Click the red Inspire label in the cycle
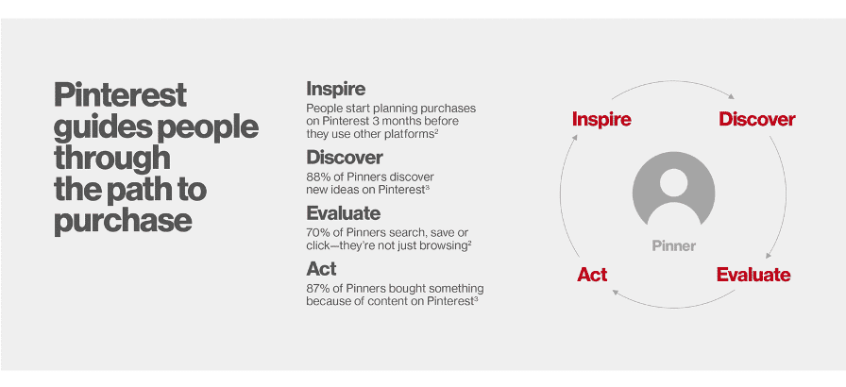click(x=601, y=119)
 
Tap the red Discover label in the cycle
click(x=757, y=119)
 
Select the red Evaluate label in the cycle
click(x=753, y=275)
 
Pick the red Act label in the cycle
click(x=592, y=275)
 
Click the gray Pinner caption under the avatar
click(x=674, y=246)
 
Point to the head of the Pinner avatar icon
click(x=673, y=183)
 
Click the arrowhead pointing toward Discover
click(x=731, y=97)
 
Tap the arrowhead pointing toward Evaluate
click(x=769, y=255)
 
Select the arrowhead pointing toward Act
click(x=615, y=293)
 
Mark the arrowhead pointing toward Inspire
click(x=575, y=138)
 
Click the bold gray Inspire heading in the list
click(x=335, y=88)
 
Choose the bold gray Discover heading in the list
click(x=345, y=158)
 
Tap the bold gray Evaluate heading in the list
click(x=343, y=213)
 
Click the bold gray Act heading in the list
click(x=321, y=268)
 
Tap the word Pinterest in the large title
click(x=120, y=95)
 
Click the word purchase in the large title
click(x=123, y=221)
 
